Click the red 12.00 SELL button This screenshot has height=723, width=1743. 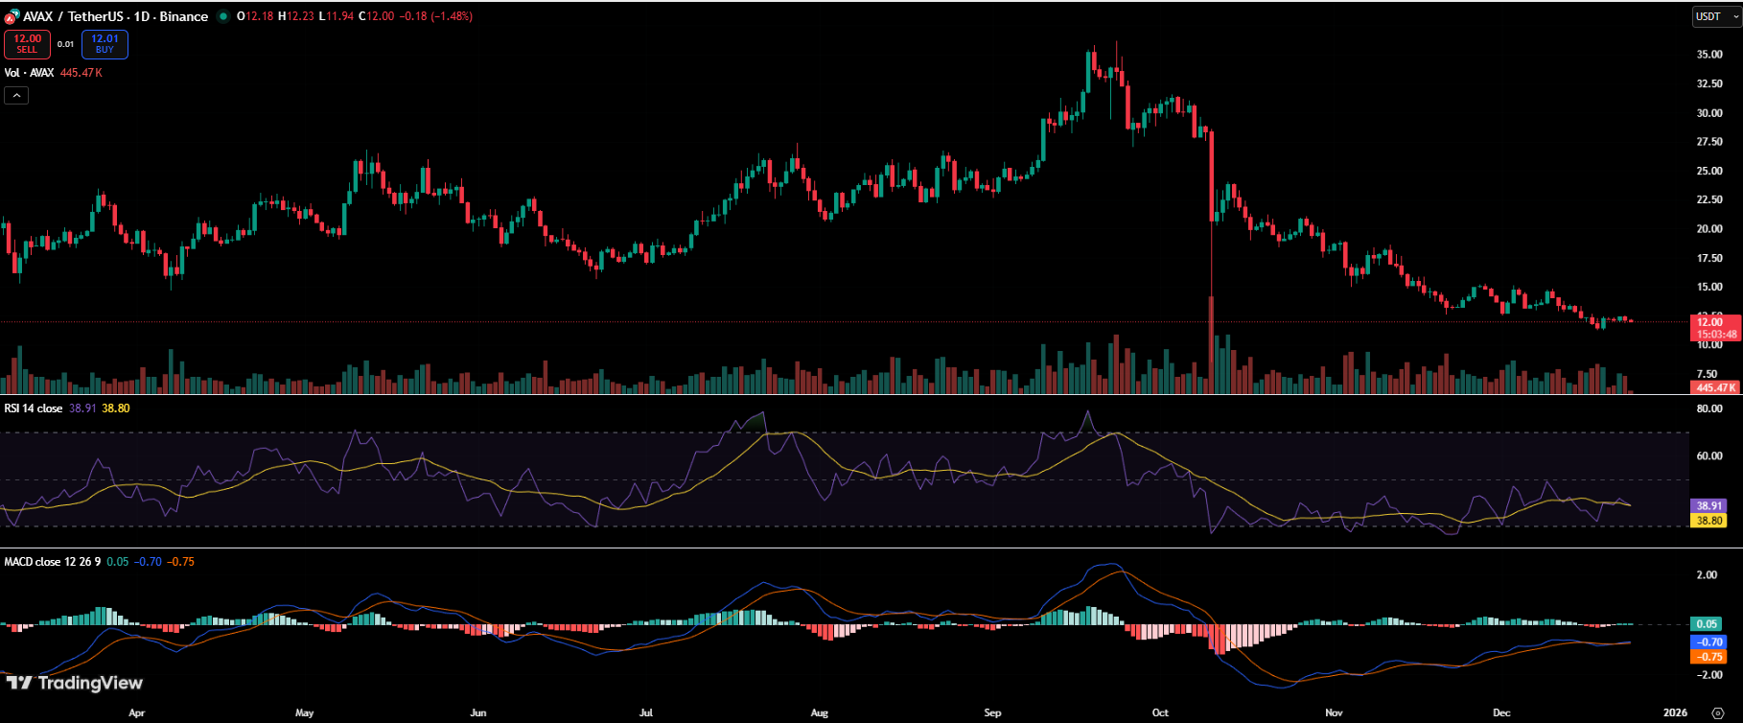click(27, 44)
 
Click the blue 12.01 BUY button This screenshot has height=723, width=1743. click(105, 44)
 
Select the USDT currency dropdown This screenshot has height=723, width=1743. click(1714, 16)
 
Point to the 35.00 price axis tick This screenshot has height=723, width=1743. click(1709, 55)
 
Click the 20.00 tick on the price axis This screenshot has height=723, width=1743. click(1709, 229)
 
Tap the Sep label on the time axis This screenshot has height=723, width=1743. click(992, 712)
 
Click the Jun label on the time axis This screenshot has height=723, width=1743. click(478, 712)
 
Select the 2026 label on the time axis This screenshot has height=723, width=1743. click(1675, 712)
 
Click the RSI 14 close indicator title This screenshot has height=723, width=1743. click(34, 408)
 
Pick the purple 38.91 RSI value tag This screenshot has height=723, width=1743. click(1709, 505)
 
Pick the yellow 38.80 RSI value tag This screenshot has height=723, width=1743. click(1709, 521)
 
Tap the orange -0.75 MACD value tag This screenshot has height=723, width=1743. click(1709, 657)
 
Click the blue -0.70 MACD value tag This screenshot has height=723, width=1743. click(1709, 641)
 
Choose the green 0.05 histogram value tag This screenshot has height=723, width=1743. click(1707, 624)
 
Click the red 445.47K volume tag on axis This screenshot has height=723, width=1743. click(1715, 387)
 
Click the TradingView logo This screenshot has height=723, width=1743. click(75, 683)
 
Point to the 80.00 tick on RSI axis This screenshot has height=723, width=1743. click(1709, 408)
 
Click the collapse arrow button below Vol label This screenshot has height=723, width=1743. click(16, 95)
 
